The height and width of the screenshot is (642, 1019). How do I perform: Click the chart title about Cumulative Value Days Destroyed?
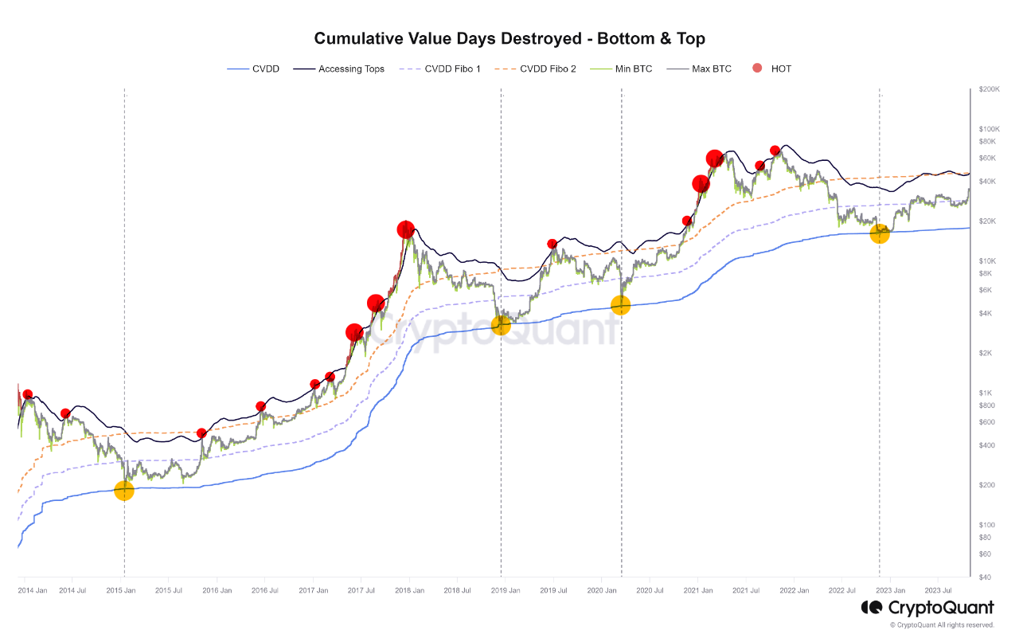click(509, 38)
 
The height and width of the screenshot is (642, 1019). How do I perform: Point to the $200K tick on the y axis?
click(990, 90)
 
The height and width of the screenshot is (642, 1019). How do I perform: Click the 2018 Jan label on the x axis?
click(410, 591)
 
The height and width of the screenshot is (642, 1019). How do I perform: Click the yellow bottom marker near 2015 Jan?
click(124, 491)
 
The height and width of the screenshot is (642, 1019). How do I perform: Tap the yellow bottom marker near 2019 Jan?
click(501, 325)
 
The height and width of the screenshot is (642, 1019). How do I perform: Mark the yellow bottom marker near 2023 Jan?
click(880, 233)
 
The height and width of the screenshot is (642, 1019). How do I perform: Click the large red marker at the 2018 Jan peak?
click(406, 229)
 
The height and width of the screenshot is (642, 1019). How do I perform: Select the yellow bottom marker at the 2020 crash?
click(620, 304)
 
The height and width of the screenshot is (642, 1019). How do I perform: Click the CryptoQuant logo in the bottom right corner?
click(927, 608)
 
